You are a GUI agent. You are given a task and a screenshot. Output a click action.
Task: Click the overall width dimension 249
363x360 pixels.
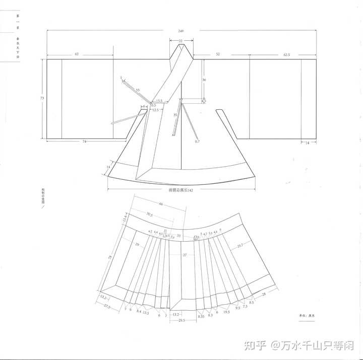181,31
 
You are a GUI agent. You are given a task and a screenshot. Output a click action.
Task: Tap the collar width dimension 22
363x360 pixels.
180,41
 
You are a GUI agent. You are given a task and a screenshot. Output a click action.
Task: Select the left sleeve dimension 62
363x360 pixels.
76,53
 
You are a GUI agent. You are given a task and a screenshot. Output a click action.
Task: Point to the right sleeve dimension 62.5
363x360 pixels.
287,53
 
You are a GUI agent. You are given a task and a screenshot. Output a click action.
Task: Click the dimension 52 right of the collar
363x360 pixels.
218,53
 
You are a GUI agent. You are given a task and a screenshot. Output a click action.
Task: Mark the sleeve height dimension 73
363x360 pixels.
42,98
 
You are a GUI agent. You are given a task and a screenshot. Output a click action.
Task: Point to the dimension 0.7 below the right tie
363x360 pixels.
198,141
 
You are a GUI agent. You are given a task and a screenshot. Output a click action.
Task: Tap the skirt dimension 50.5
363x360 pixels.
149,214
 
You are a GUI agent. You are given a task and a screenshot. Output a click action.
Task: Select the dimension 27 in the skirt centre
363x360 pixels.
185,255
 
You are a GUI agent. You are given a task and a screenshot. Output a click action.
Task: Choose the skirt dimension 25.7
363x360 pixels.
240,245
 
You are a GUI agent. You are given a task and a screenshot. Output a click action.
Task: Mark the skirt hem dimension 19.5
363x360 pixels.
227,312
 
